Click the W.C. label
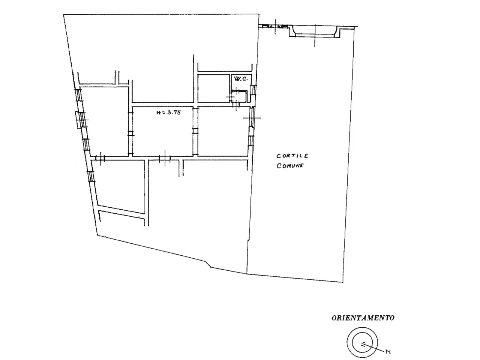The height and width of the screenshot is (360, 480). pos(241,79)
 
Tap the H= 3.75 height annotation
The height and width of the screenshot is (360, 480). pos(169,112)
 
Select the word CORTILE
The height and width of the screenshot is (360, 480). pos(292,156)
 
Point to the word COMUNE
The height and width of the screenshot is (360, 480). pos(290,165)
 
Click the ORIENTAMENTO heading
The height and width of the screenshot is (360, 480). pos(363,318)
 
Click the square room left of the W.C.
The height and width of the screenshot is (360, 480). pos(214,88)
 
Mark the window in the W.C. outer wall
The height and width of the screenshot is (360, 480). pos(253,90)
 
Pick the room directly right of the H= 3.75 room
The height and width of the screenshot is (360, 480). pos(223,131)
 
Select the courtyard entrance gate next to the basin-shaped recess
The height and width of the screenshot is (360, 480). pos(275,27)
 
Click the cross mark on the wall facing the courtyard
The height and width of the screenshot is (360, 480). pos(252,118)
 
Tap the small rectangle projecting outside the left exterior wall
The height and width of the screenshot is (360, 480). pos(77,120)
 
